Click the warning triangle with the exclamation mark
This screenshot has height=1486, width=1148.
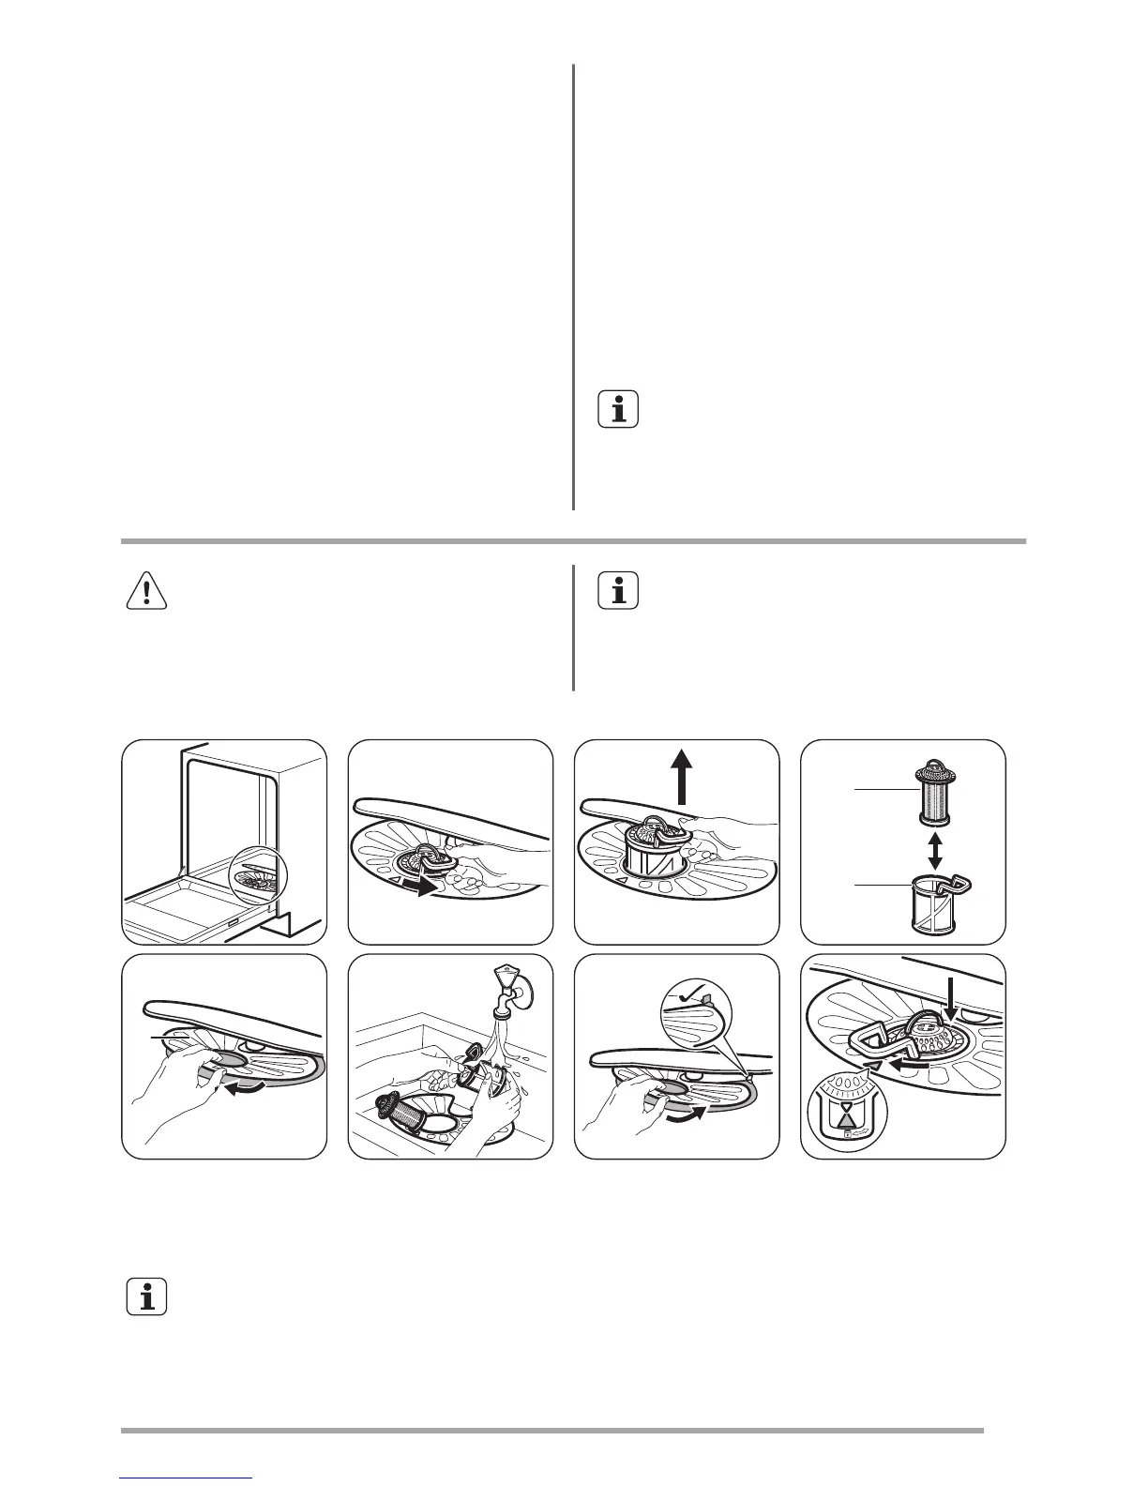[146, 590]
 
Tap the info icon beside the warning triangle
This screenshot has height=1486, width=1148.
[618, 590]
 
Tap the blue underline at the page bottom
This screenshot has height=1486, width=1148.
[187, 1478]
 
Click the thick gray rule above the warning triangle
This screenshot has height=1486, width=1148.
[573, 541]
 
